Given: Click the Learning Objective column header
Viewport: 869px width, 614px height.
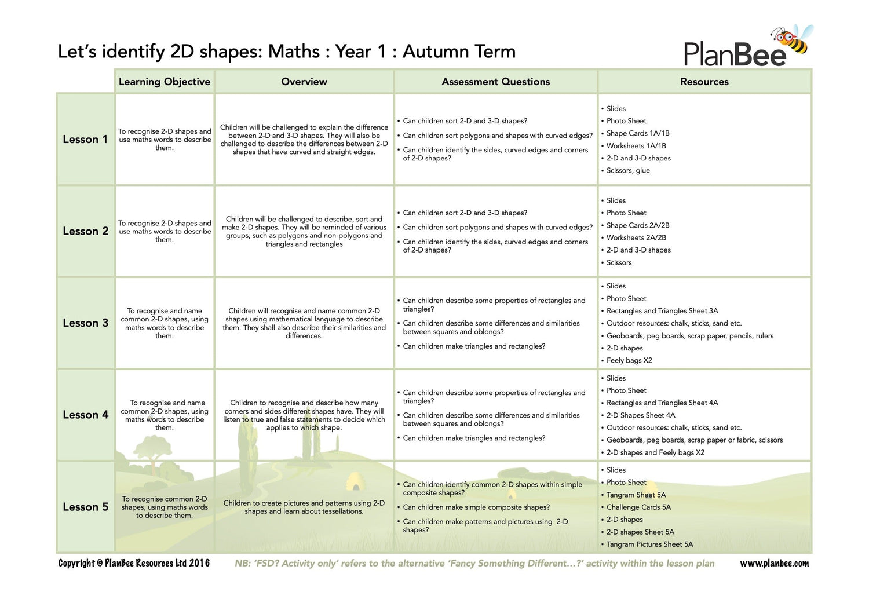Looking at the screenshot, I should [165, 82].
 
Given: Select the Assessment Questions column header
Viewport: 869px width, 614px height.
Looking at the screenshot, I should [495, 82].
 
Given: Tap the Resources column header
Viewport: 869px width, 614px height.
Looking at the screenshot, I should [704, 82].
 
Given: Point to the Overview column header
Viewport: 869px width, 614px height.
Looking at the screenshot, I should [304, 82].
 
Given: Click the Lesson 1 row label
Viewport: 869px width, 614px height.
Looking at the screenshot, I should [85, 140].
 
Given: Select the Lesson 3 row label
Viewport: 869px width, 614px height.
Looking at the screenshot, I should [85, 323].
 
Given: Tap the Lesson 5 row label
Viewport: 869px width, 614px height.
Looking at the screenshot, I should [85, 507].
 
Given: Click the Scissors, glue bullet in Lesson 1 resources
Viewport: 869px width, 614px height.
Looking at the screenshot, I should [628, 170].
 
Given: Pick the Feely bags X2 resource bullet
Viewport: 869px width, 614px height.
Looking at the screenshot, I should [629, 360].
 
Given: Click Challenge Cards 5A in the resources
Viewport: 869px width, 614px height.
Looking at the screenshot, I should [638, 507].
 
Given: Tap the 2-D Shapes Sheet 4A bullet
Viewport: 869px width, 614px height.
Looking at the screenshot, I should [641, 415].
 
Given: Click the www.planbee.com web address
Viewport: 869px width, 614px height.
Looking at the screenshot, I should [774, 563].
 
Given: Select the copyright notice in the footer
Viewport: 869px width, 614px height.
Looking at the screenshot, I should [134, 563].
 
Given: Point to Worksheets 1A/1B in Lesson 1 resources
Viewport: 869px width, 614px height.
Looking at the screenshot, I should [636, 146].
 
